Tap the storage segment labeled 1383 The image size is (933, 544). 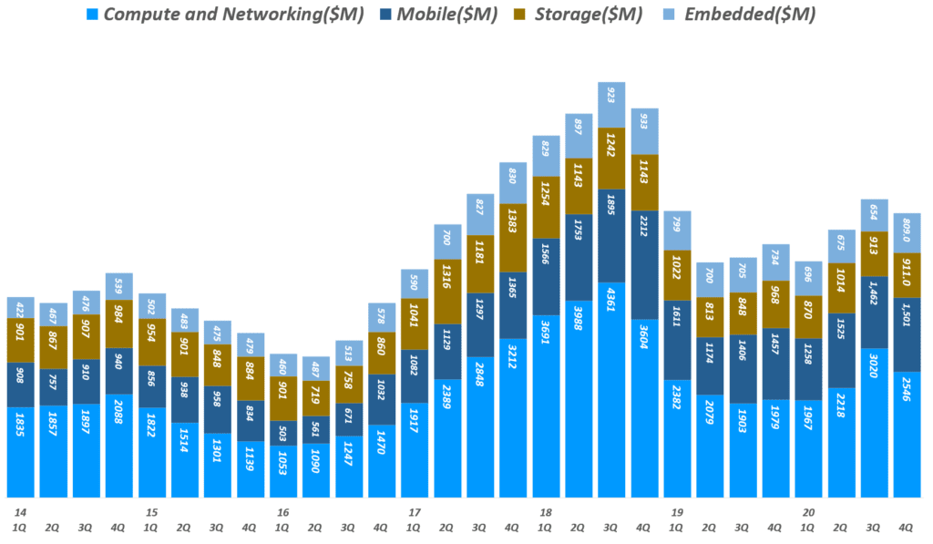pos(513,237)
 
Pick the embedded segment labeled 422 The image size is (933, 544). pos(21,308)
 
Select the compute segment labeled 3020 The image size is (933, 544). pos(874,422)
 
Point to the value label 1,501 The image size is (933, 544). pos(907,334)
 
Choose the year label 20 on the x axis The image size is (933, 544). pos(807,512)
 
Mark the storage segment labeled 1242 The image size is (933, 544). pos(611,159)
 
